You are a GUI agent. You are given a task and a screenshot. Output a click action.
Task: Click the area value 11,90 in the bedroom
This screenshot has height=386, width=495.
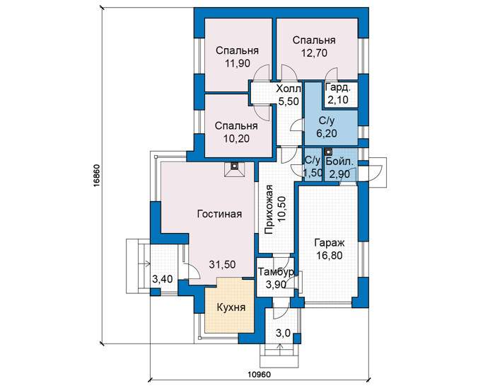click(238, 63)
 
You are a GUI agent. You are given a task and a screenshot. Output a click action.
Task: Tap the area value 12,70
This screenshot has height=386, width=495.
click(314, 53)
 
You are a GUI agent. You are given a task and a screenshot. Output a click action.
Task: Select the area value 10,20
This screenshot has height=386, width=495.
click(236, 139)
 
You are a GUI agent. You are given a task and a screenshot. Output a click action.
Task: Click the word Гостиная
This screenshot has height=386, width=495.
click(219, 214)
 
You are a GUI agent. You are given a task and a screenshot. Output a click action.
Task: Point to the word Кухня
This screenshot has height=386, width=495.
click(231, 307)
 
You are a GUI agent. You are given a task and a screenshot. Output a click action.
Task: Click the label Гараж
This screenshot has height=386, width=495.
click(330, 243)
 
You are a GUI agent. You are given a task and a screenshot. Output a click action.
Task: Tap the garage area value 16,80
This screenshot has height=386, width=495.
click(330, 255)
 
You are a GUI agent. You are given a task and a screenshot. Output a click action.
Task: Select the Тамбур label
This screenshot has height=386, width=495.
click(276, 272)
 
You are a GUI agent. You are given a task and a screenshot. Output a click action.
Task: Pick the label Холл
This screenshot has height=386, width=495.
click(289, 89)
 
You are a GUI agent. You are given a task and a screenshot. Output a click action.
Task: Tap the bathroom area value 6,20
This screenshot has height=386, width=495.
click(327, 133)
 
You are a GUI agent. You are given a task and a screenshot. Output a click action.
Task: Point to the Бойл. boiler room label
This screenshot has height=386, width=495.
click(339, 161)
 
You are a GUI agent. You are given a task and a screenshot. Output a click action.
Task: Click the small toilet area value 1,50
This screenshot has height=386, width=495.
click(313, 173)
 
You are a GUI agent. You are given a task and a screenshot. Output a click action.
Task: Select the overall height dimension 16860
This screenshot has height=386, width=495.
click(97, 176)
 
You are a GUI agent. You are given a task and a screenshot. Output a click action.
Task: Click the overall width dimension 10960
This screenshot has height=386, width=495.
click(260, 375)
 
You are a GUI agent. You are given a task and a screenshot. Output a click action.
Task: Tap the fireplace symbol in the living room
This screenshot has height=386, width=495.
click(235, 169)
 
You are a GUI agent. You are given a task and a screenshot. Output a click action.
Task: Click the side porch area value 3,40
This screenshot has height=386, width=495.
click(163, 279)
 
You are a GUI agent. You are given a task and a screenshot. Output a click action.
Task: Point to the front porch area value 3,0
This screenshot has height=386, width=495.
click(283, 333)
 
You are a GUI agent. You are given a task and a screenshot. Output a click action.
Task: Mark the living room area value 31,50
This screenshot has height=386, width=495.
click(222, 264)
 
